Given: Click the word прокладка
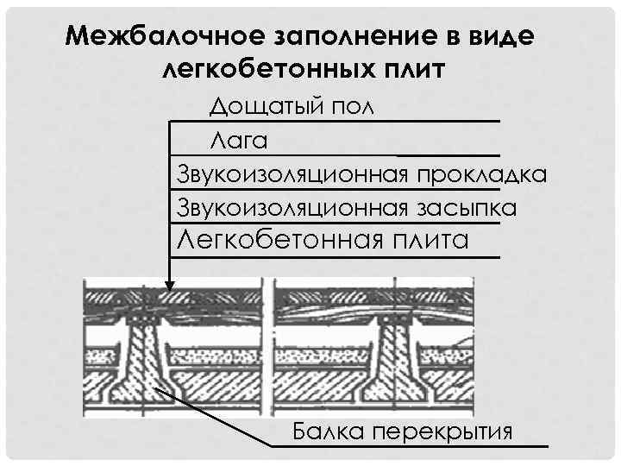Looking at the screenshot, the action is click(481, 174).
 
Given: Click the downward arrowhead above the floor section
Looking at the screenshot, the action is click(170, 290).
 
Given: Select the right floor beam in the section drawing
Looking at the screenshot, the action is click(399, 354).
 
